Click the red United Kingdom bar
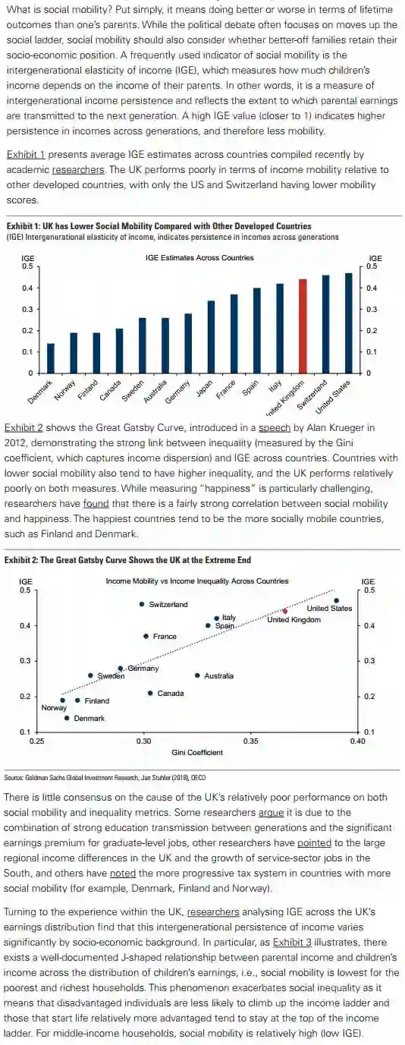pos(303,326)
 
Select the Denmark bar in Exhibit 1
pos(51,358)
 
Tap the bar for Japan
pos(211,337)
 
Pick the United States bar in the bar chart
pos(348,323)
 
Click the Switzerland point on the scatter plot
pos(142,604)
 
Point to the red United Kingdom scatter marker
pos(285,611)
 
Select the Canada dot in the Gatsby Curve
pos(150,693)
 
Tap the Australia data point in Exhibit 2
pos(197,675)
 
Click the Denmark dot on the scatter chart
pos(67,718)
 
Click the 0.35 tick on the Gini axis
pos(251,741)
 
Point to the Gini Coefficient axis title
pos(197,753)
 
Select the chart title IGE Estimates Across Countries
pos(199,257)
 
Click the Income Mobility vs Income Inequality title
pos(197,581)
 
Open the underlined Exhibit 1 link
pos(26,154)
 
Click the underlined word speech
pos(275,428)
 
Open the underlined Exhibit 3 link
pos(292,943)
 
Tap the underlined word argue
pos(272,813)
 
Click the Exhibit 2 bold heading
pos(127,560)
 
